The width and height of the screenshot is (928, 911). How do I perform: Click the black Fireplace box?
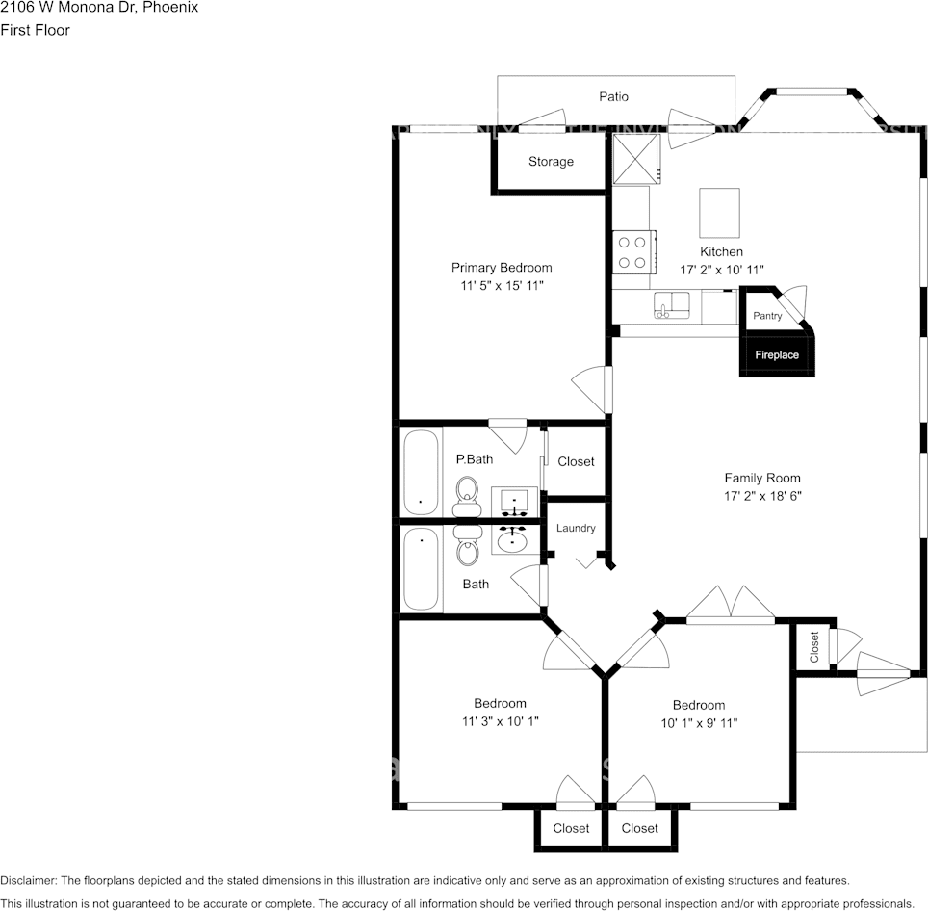(x=776, y=354)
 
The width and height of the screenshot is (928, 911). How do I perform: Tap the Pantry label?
(x=767, y=316)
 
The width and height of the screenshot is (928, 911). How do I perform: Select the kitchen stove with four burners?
(x=632, y=252)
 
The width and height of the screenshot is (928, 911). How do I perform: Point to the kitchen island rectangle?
(x=719, y=213)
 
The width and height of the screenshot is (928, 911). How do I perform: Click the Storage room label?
(x=551, y=162)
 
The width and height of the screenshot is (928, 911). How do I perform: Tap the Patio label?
(x=613, y=96)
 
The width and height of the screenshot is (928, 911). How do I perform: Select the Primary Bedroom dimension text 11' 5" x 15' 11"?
(x=502, y=287)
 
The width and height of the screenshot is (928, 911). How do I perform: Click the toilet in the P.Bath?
(x=467, y=493)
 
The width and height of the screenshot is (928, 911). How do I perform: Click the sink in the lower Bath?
(x=511, y=539)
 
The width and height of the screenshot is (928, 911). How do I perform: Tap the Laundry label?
(x=576, y=528)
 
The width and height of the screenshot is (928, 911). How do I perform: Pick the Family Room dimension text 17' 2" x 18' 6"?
(x=761, y=496)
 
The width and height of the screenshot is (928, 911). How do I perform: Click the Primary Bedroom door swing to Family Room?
(x=591, y=388)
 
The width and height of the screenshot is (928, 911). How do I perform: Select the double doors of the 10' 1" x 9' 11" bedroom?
(x=731, y=604)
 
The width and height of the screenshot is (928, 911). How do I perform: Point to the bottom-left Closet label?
(x=571, y=828)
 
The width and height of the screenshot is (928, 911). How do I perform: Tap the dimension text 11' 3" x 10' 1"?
(x=500, y=721)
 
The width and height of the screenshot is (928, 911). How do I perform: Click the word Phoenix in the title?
(x=170, y=7)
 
